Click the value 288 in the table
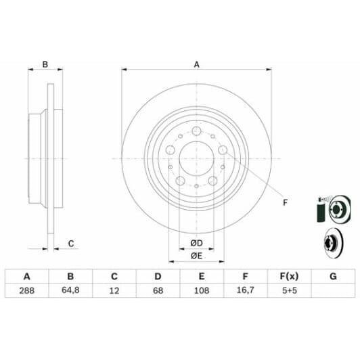(x=27, y=291)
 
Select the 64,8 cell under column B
(x=70, y=290)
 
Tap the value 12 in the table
(x=114, y=291)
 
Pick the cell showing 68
(x=158, y=291)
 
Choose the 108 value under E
(x=202, y=291)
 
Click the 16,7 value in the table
(x=245, y=290)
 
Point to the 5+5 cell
(x=290, y=291)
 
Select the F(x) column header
(x=289, y=276)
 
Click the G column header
(x=333, y=276)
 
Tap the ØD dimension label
(x=196, y=243)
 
